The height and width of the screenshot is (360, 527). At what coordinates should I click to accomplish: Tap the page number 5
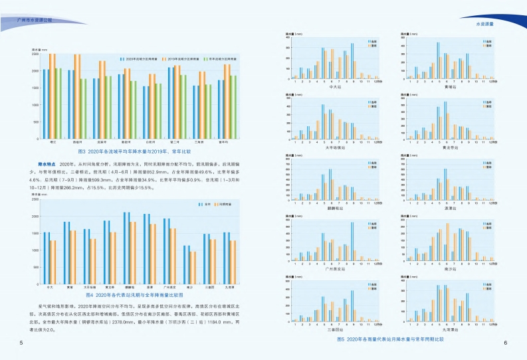tap(21, 342)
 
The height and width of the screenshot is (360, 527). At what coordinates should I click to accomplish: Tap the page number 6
tap(506, 342)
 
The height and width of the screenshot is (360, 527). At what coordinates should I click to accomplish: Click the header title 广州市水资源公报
tap(34, 21)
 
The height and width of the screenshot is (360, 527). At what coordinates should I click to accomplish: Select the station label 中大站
tap(335, 86)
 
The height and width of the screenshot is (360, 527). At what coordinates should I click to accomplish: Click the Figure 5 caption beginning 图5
tap(390, 339)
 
